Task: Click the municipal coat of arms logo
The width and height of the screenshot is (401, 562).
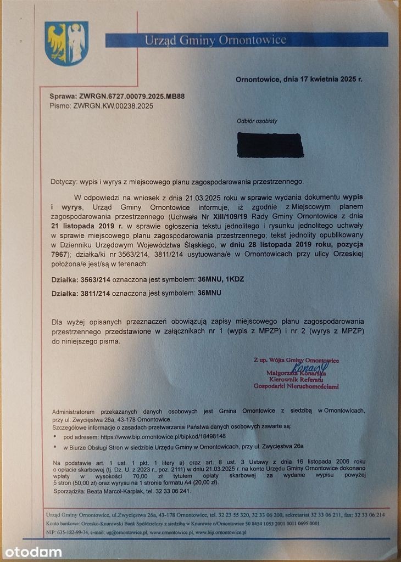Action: coord(66,43)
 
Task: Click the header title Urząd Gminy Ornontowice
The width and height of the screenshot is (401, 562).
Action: coord(215,40)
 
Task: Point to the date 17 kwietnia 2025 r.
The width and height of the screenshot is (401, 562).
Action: coord(323,79)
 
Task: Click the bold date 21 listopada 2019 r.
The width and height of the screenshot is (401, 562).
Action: coord(87,226)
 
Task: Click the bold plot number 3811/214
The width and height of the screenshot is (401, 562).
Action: coord(99,294)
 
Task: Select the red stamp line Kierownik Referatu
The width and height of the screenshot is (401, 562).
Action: coord(296,379)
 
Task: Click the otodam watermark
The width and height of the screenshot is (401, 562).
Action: coord(33,552)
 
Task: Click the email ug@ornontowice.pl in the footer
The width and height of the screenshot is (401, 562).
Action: coord(117,532)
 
